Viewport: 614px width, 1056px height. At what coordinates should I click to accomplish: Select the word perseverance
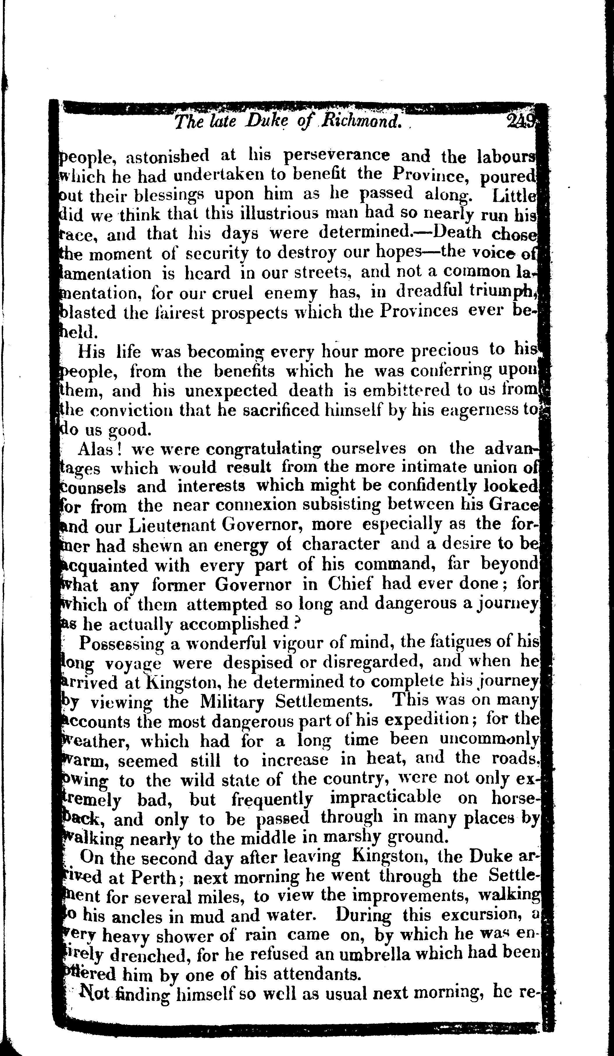[337, 156]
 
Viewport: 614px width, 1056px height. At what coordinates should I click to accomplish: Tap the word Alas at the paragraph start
[100, 449]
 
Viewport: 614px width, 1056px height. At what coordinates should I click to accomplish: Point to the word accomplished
[234, 624]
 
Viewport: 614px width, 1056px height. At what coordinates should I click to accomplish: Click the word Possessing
[120, 644]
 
